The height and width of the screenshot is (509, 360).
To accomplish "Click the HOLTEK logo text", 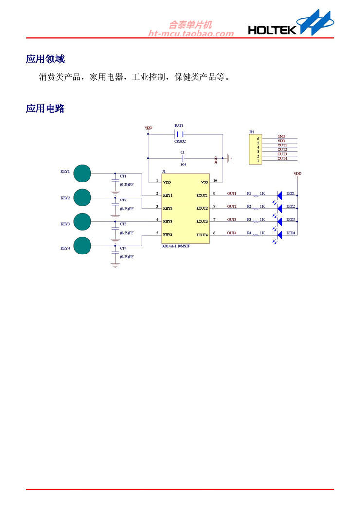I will tap(272, 30).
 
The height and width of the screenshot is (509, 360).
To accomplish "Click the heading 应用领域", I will tap(45, 59).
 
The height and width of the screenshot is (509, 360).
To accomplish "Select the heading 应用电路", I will tap(45, 109).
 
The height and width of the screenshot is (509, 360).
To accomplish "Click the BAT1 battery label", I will tap(179, 126).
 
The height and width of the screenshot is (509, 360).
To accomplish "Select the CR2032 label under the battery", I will tap(180, 141).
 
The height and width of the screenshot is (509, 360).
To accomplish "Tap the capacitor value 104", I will tap(183, 164).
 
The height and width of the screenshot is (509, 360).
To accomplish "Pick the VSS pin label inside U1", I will tap(204, 182).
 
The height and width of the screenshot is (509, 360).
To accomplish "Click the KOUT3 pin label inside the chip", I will tap(202, 221).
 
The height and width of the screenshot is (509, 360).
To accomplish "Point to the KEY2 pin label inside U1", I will tap(168, 208).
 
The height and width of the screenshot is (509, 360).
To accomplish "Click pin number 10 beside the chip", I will tap(215, 181).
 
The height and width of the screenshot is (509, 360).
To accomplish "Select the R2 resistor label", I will tap(249, 207).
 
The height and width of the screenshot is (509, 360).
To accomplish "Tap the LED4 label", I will tap(291, 233).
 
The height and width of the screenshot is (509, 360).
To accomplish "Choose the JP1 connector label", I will tap(252, 132).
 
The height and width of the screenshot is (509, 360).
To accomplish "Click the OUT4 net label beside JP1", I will tap(282, 159).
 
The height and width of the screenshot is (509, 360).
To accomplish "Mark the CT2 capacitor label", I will tap(123, 200).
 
